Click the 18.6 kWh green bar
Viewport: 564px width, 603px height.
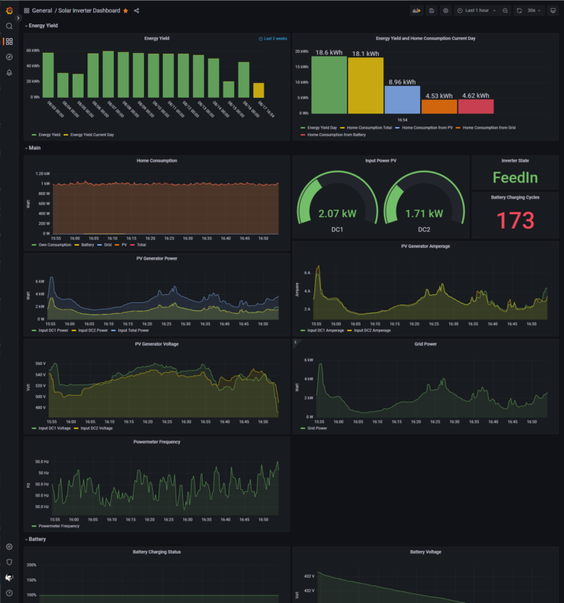(x=330, y=85)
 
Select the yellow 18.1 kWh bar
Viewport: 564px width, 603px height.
(x=366, y=85)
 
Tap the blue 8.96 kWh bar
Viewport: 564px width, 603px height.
(x=402, y=99)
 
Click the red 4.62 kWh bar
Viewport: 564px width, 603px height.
(x=475, y=106)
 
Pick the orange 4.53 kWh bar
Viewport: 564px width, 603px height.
(x=439, y=106)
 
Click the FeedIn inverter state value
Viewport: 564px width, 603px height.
(x=515, y=177)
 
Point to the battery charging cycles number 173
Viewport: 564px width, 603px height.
(x=515, y=221)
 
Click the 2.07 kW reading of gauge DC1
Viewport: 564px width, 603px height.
(x=337, y=213)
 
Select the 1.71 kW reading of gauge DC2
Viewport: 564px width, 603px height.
(x=424, y=213)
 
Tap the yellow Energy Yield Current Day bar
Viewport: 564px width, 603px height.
(x=258, y=90)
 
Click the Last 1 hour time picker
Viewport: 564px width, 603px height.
(x=476, y=11)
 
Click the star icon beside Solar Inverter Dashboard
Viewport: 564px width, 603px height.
(x=126, y=11)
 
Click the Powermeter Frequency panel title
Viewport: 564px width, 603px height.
(x=156, y=442)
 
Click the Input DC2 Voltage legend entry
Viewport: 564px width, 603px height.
(x=96, y=427)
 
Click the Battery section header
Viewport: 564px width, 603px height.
(x=37, y=539)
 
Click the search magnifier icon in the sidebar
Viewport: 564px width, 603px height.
(x=10, y=26)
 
